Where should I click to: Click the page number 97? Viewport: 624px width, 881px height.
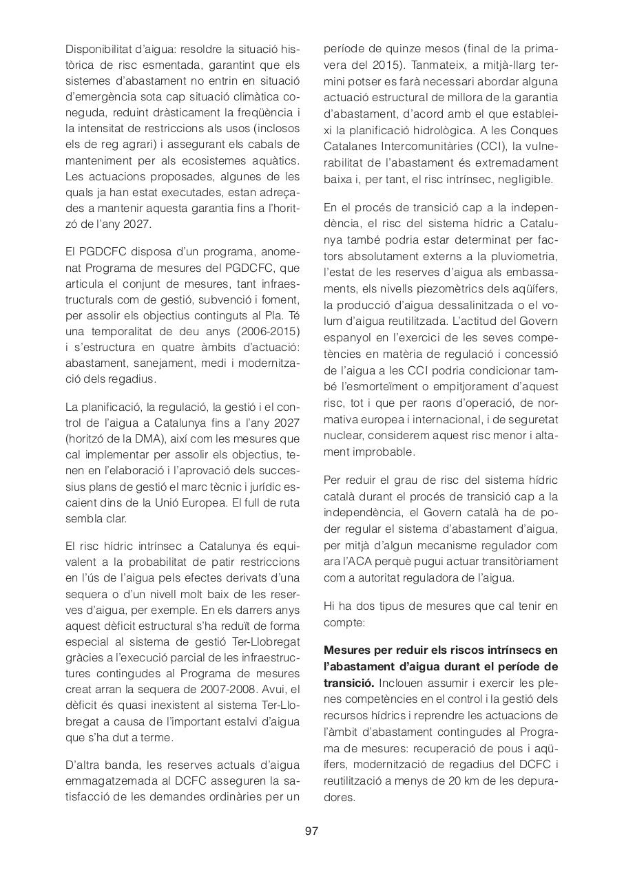pyautogui.click(x=311, y=831)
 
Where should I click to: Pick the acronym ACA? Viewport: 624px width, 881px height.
pyautogui.click(x=350, y=562)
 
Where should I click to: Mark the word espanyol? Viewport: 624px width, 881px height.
pyautogui.click(x=350, y=337)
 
